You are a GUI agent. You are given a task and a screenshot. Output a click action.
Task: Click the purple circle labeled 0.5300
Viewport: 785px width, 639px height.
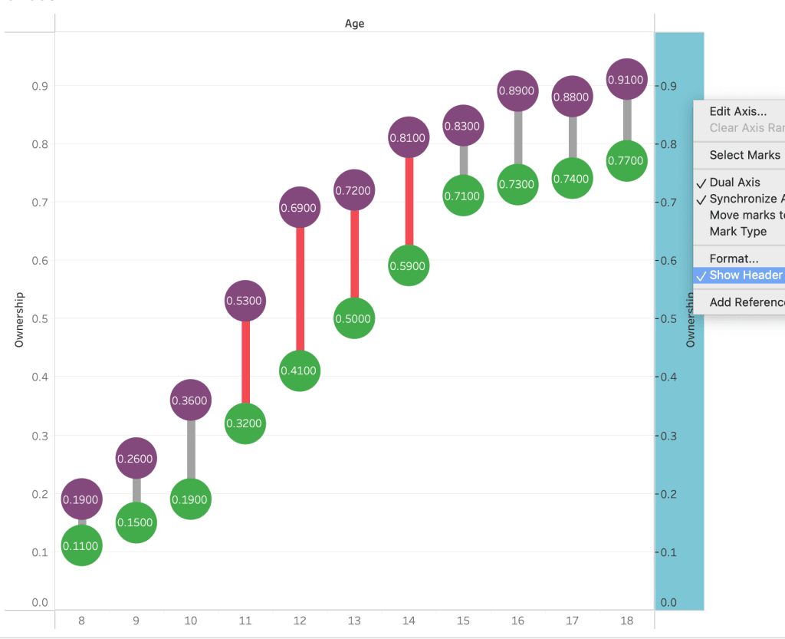tap(245, 301)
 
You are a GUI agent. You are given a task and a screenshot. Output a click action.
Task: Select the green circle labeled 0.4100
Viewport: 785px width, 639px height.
tap(300, 371)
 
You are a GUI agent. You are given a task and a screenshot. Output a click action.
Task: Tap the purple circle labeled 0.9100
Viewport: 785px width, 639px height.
tap(626, 79)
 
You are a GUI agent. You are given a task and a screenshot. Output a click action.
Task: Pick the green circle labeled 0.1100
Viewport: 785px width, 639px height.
tap(81, 545)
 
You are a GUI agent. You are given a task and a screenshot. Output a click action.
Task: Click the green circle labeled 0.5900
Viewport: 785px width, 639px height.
tap(409, 265)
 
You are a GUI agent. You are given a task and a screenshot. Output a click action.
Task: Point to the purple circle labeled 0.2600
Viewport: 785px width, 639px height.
tap(136, 459)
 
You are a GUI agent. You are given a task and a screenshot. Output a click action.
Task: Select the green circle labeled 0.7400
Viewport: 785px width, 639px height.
tap(572, 179)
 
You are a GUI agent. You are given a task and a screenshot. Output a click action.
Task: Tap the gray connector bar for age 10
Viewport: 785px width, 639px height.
tap(191, 450)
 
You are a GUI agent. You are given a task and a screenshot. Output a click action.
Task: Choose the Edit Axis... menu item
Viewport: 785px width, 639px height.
tap(737, 111)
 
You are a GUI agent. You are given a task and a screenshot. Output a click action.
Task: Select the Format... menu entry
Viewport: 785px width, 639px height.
tap(734, 259)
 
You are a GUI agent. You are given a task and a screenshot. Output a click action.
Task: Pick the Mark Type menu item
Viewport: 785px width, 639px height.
tap(737, 231)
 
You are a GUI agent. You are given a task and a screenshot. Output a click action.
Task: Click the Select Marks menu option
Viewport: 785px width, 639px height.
tap(744, 155)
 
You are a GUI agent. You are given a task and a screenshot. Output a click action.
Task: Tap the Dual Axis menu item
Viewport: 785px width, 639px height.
tap(734, 182)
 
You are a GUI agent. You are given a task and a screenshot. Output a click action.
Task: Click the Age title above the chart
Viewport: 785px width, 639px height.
tap(354, 24)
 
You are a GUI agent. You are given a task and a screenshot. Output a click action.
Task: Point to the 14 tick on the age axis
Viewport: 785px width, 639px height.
tap(409, 621)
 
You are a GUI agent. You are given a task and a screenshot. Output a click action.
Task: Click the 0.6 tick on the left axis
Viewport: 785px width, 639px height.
tap(39, 261)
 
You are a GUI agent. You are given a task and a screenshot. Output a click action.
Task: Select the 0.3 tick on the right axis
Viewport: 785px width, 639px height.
tap(668, 436)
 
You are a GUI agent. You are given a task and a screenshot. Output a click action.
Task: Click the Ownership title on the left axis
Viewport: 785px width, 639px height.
tap(20, 319)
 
